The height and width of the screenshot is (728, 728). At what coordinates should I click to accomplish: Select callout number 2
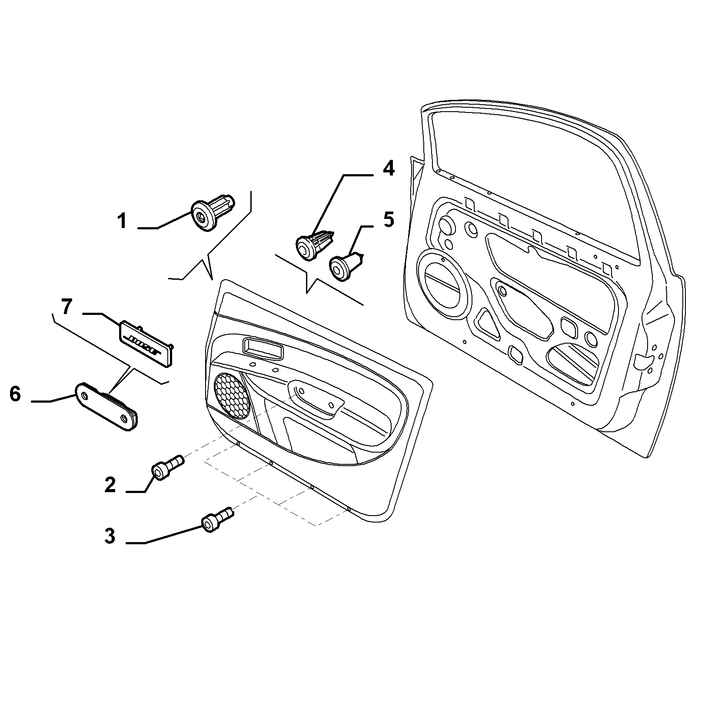pyautogui.click(x=110, y=484)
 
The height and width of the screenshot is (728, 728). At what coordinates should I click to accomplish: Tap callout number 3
pyautogui.click(x=110, y=536)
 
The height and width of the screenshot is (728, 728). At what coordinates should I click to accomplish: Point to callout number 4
pyautogui.click(x=388, y=168)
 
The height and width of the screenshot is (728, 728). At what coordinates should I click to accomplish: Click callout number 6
pyautogui.click(x=15, y=394)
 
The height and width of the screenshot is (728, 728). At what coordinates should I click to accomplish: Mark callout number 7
pyautogui.click(x=66, y=307)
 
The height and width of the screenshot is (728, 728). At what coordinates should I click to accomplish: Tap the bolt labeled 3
pyautogui.click(x=217, y=520)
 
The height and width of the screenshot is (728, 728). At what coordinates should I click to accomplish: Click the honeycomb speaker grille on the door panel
pyautogui.click(x=233, y=395)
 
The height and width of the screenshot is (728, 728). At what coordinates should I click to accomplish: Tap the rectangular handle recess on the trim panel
pyautogui.click(x=263, y=348)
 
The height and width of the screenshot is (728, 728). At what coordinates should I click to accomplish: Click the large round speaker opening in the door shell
pyautogui.click(x=444, y=283)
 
